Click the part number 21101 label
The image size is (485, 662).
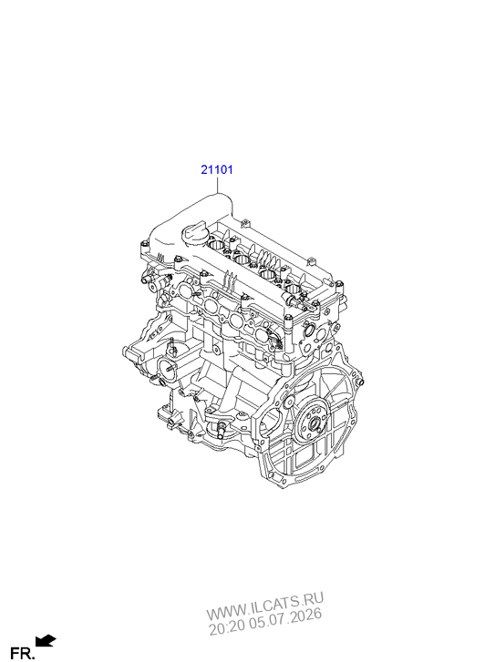216,170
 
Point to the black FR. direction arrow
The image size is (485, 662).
46,640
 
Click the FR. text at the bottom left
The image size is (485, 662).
22,654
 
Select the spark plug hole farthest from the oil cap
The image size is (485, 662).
293,289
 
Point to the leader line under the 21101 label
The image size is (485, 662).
217,185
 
